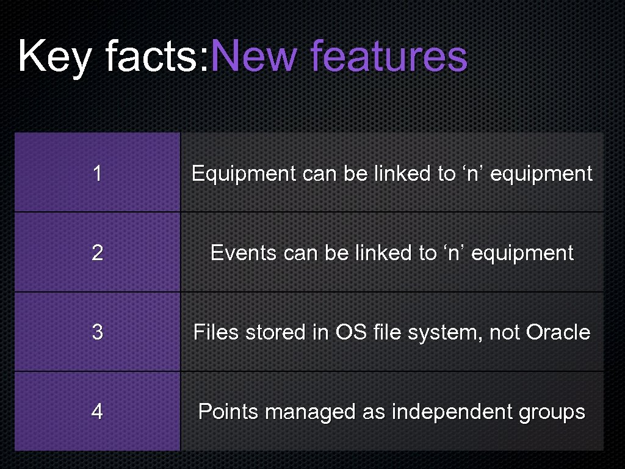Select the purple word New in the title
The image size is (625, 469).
click(256, 56)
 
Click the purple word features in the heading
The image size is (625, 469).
click(389, 56)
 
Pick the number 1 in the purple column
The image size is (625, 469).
click(97, 174)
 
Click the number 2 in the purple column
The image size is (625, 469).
click(97, 253)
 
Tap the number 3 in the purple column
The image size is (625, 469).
click(97, 332)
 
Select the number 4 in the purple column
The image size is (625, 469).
click(97, 412)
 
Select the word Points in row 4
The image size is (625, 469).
click(228, 412)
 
